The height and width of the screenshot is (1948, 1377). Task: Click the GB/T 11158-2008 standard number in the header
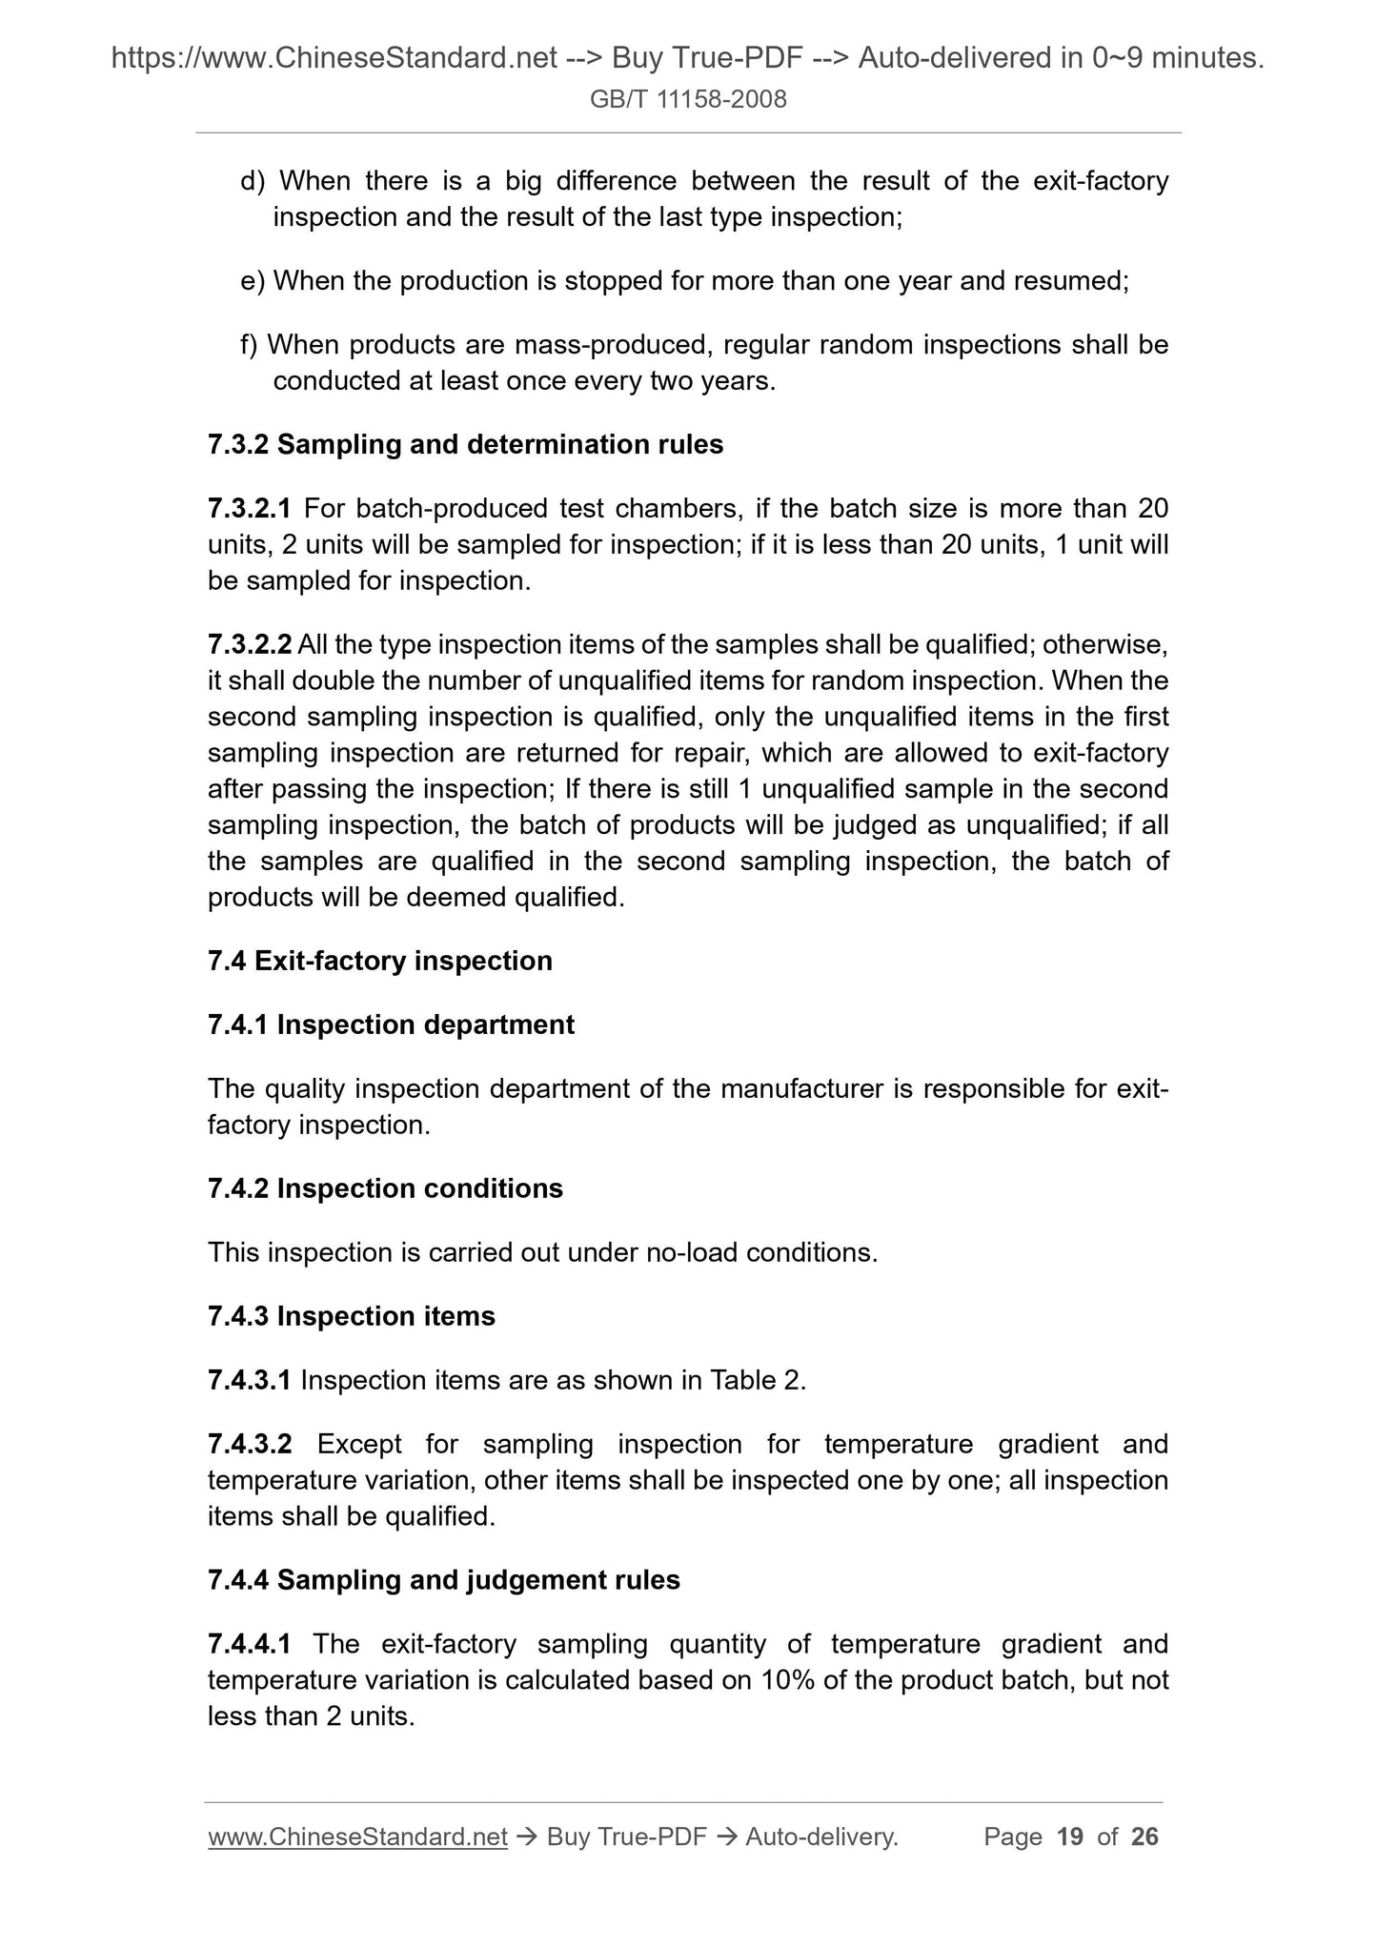(688, 99)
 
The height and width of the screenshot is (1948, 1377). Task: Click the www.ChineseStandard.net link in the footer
(357, 1836)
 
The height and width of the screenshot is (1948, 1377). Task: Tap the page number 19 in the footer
(1070, 1836)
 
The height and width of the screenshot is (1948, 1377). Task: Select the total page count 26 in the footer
(1144, 1836)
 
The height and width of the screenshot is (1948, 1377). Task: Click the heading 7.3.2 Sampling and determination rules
(465, 444)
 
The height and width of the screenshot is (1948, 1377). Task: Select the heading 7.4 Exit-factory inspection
(379, 961)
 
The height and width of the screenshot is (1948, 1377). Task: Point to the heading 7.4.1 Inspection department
(391, 1025)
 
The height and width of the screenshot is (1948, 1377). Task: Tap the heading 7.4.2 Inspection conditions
(385, 1188)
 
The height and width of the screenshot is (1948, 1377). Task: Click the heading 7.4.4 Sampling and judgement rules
(443, 1580)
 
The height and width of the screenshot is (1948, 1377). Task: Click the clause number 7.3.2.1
(250, 509)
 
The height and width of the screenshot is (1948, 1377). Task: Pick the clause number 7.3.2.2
(250, 645)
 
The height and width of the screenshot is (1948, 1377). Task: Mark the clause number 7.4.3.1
(250, 1380)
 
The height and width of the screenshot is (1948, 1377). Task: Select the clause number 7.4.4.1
(250, 1644)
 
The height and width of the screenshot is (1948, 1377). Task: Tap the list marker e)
(253, 281)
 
